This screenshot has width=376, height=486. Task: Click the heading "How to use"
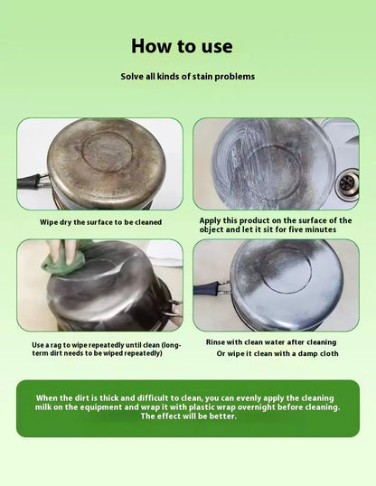coord(182,46)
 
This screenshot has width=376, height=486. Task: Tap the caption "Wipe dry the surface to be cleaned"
coord(101,222)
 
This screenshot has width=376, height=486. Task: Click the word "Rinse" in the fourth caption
coord(215,342)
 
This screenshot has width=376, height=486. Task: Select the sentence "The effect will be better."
coord(189,416)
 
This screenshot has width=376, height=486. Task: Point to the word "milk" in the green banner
coord(42,407)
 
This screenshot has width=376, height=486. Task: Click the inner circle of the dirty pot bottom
coord(108,153)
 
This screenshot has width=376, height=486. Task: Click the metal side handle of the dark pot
coord(174,308)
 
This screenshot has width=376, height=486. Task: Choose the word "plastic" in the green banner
coord(202,407)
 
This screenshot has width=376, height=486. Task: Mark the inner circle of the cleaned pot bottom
coord(286,271)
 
